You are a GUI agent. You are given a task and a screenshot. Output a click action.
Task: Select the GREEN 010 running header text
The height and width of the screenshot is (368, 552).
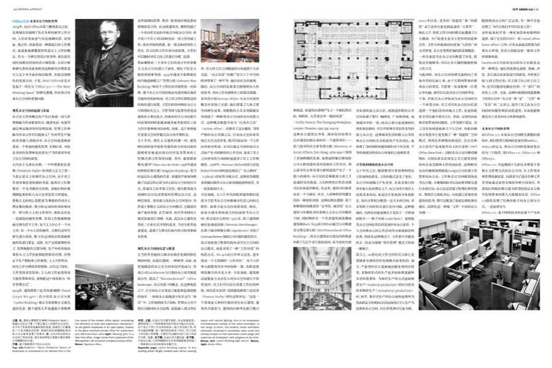[x=520, y=9]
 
